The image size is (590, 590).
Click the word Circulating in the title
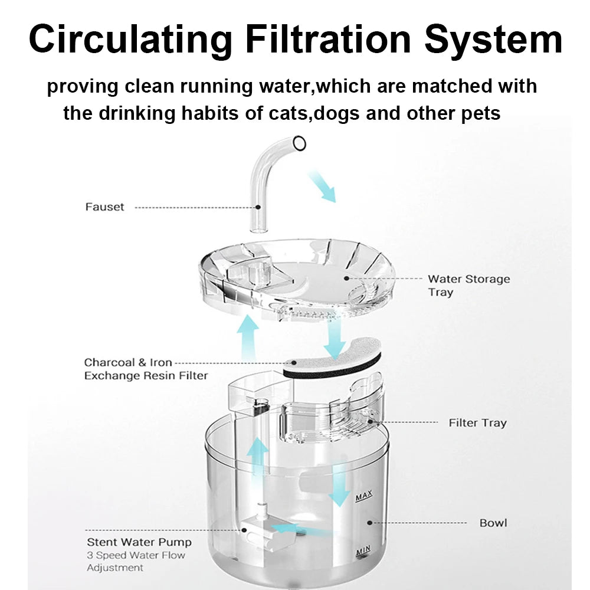coord(130,39)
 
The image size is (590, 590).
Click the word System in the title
coord(493,40)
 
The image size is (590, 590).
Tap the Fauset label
coord(104,207)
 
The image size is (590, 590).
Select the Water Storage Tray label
coord(469,285)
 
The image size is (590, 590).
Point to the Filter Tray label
coord(477,423)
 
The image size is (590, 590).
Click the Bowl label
coord(493,523)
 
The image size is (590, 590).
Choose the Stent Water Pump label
coord(139,542)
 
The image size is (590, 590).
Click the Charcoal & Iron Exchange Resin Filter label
coord(146,369)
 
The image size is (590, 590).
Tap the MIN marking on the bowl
coord(363,551)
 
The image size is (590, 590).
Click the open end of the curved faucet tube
coord(299,144)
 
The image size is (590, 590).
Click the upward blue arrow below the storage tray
coord(248,337)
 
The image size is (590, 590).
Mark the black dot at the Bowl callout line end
coord(369,523)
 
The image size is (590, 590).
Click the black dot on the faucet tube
coord(258,207)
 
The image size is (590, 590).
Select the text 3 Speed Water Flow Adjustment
coord(136,562)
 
